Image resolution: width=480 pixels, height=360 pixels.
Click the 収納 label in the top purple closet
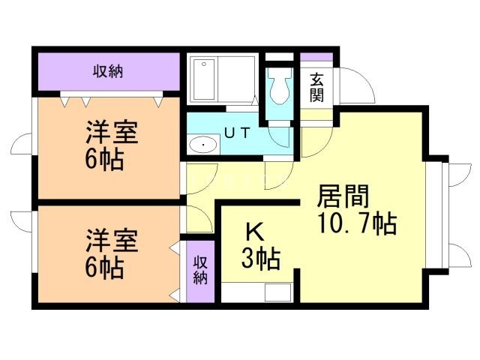click(x=108, y=72)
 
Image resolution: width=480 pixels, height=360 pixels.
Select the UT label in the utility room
click(x=237, y=133)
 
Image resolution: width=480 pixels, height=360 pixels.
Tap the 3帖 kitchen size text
click(x=260, y=259)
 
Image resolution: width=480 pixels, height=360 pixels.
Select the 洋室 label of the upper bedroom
click(x=110, y=134)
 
